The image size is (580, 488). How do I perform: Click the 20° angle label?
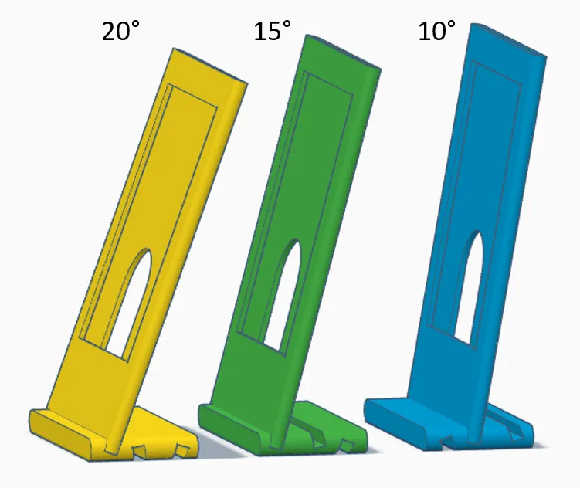120,31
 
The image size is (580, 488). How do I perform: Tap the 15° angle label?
273,30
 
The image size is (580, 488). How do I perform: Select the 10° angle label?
436,30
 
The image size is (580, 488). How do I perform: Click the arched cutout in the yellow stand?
130,303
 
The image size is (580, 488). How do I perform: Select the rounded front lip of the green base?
229,429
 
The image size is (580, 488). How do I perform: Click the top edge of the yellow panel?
210,66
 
